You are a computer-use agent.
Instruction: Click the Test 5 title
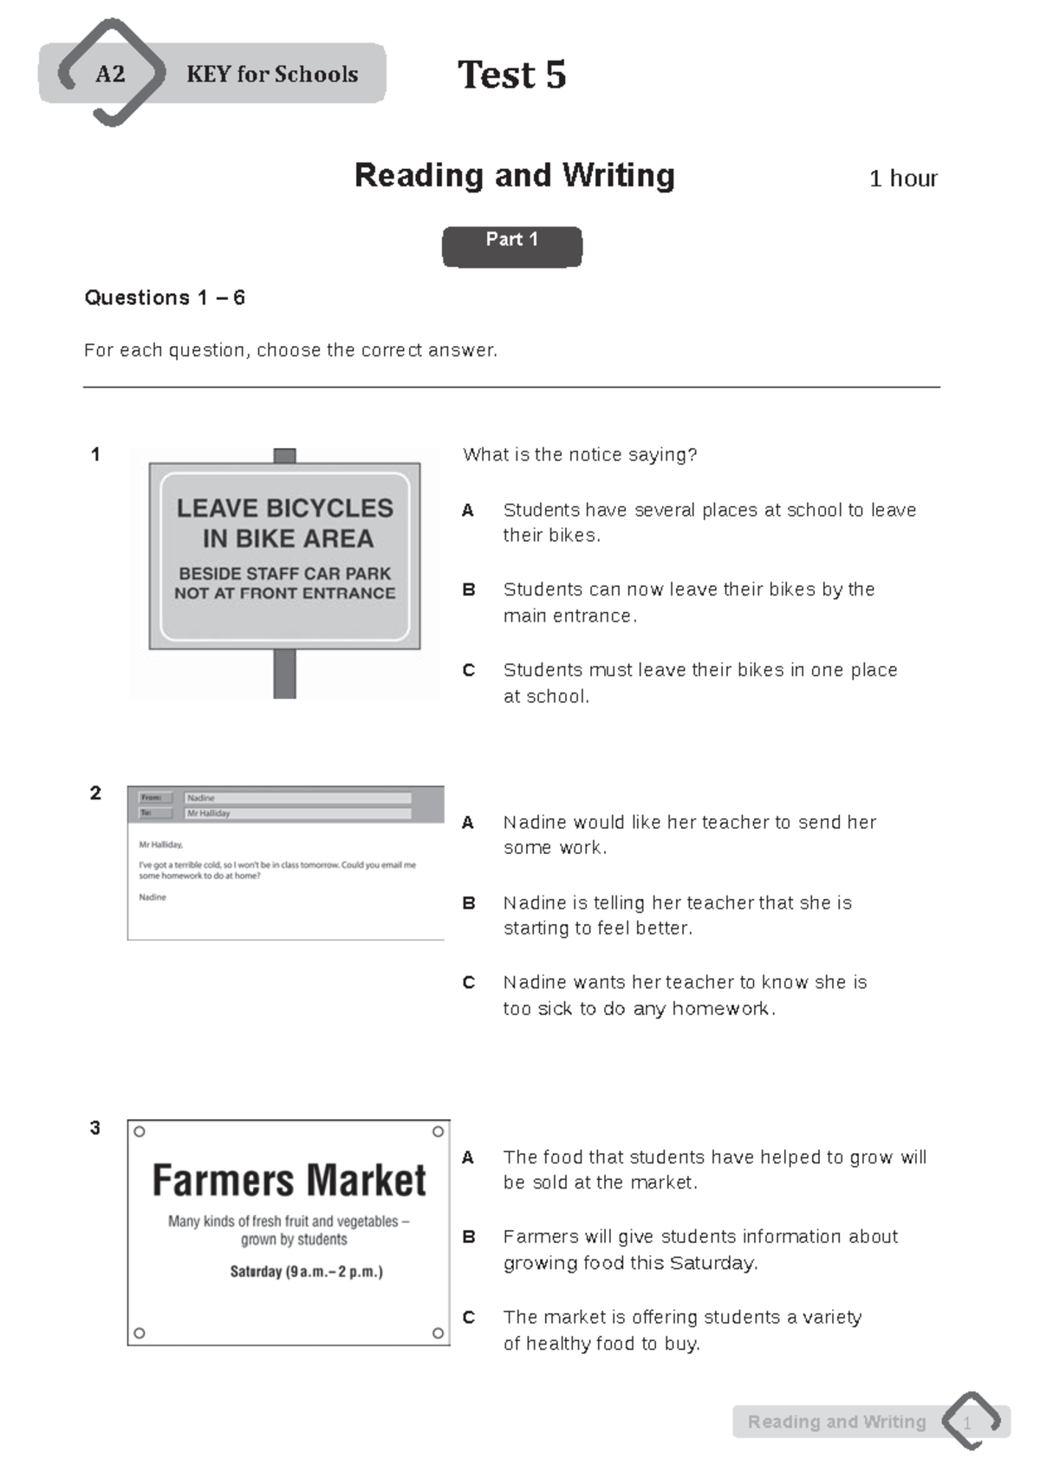pos(511,75)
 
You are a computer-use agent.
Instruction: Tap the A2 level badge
pos(110,74)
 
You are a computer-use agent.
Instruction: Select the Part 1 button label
pos(511,240)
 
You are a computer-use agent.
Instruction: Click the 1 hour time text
pos(902,179)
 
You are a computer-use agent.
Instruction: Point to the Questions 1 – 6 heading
pos(165,297)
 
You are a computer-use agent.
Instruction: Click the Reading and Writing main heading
pos(514,175)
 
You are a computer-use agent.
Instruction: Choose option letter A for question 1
pos(468,511)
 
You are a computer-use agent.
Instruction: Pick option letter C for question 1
pos(468,670)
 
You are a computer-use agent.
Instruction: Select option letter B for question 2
pos(468,903)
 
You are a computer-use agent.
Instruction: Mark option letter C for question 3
pos(468,1318)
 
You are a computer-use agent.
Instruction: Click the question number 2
pos(95,793)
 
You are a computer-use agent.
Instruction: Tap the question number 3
pos(95,1128)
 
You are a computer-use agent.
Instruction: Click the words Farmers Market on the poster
pos(289,1180)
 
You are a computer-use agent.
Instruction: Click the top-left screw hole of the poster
pos(140,1131)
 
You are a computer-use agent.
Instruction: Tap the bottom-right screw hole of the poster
pos(438,1333)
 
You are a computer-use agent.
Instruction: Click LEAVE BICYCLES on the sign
pos(284,508)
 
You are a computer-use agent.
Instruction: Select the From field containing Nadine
pos(297,798)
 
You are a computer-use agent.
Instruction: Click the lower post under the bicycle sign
pos(284,674)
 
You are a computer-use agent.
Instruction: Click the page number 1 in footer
pos(967,1423)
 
